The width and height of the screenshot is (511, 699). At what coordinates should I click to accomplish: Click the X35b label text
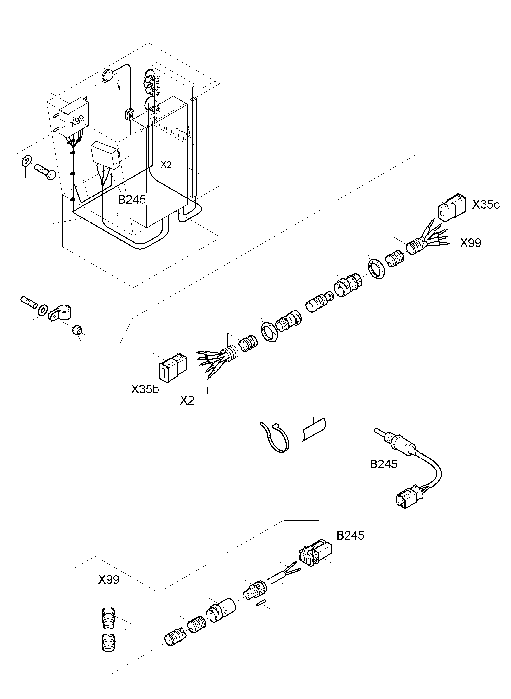(x=145, y=389)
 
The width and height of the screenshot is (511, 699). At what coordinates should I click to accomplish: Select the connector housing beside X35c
(x=451, y=207)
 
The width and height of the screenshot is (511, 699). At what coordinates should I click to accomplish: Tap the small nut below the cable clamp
(x=77, y=330)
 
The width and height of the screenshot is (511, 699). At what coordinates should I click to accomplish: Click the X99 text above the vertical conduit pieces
(x=108, y=579)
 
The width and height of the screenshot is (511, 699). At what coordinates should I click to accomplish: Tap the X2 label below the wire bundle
(x=187, y=401)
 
